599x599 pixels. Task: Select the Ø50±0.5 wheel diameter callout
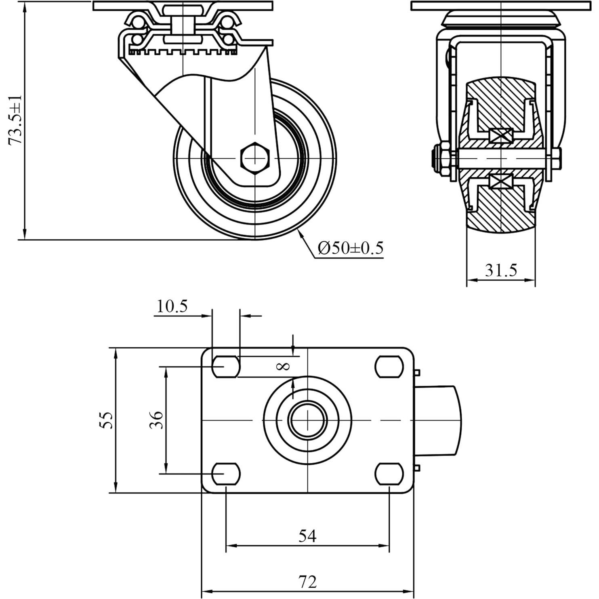pos(350,248)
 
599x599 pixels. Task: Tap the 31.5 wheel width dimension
pos(501,270)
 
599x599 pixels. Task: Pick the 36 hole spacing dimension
pos(156,420)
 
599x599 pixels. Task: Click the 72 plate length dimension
pos(307,582)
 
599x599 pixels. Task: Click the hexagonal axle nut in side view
pos(255,157)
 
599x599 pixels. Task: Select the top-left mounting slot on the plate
pos(226,367)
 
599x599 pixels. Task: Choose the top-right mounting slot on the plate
pos(389,367)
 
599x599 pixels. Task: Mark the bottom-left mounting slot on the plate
pos(226,473)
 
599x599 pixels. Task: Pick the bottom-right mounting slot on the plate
pos(389,473)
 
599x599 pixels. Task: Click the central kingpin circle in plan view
pos(307,420)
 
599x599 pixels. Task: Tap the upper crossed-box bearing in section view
pos(501,135)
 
